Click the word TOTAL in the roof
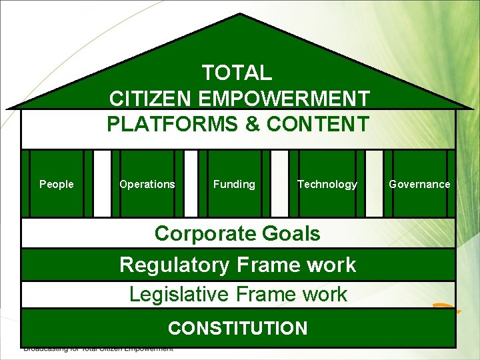237,72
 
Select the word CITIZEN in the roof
151,99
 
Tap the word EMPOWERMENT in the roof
283,99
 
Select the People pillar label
57,184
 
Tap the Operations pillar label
147,184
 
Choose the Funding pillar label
234,184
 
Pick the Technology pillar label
327,184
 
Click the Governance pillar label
419,184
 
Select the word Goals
291,234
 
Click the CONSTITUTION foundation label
238,328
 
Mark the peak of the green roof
239,15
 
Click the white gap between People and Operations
102,184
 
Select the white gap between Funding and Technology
280,184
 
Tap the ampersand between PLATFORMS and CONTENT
257,124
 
